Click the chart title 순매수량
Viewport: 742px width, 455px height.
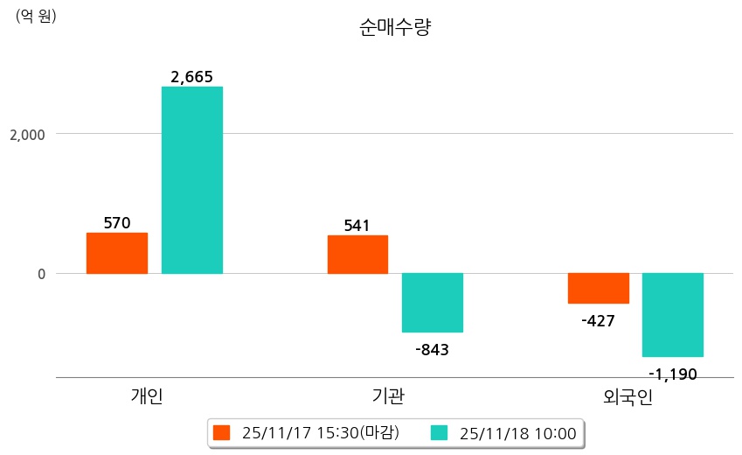(x=395, y=27)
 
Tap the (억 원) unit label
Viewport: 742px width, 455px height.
(x=36, y=15)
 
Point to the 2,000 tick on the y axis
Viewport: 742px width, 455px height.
(x=26, y=135)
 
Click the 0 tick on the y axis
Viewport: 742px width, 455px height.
(x=39, y=274)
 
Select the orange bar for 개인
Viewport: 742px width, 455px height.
(x=116, y=253)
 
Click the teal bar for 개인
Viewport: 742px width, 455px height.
(x=192, y=179)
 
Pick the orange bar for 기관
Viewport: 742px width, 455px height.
(x=357, y=254)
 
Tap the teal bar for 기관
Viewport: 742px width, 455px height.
(x=433, y=303)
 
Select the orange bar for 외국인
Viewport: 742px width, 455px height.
(x=599, y=288)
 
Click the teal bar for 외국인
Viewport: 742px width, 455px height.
(x=673, y=315)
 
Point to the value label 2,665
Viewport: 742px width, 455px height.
(x=192, y=77)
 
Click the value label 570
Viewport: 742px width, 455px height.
(x=117, y=223)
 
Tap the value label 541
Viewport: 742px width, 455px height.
(x=357, y=226)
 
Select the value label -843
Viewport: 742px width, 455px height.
(x=433, y=350)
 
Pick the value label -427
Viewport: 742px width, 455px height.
(x=599, y=321)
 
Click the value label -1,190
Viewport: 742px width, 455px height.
(x=673, y=374)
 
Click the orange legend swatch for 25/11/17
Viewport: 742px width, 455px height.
(x=222, y=433)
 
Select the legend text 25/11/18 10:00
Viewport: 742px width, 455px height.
(x=517, y=433)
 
